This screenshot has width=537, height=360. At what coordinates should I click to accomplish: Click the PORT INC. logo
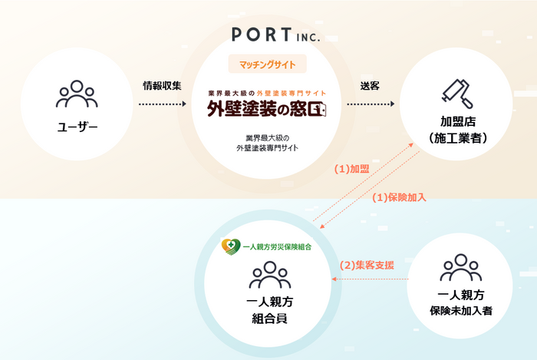(276, 35)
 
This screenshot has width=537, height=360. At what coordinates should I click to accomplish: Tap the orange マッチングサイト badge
(268, 64)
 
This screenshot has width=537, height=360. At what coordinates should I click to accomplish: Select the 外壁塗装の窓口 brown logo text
(267, 109)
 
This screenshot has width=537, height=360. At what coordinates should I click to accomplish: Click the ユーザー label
(77, 127)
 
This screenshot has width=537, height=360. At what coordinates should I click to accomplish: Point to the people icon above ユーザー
(77, 94)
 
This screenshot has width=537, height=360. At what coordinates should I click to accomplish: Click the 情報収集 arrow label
(162, 86)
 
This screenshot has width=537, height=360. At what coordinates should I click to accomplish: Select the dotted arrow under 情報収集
(163, 104)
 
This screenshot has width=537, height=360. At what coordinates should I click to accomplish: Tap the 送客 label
(370, 86)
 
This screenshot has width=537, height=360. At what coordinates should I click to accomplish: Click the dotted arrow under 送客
(371, 104)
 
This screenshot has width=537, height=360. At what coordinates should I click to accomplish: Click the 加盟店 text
(458, 121)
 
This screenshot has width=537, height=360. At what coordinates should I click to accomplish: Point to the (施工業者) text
(458, 138)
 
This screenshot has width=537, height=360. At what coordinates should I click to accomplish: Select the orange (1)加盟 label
(351, 169)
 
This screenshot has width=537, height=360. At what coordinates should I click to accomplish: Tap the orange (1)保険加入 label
(400, 197)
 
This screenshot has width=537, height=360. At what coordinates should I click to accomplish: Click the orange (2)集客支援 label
(367, 265)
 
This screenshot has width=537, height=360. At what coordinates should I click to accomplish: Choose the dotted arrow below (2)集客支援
(371, 279)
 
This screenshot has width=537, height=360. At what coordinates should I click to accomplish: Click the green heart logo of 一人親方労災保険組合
(231, 246)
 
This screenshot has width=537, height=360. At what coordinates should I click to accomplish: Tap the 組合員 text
(269, 319)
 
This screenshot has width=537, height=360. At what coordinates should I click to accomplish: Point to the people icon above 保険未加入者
(461, 268)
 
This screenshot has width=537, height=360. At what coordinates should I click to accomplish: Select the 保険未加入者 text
(461, 311)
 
